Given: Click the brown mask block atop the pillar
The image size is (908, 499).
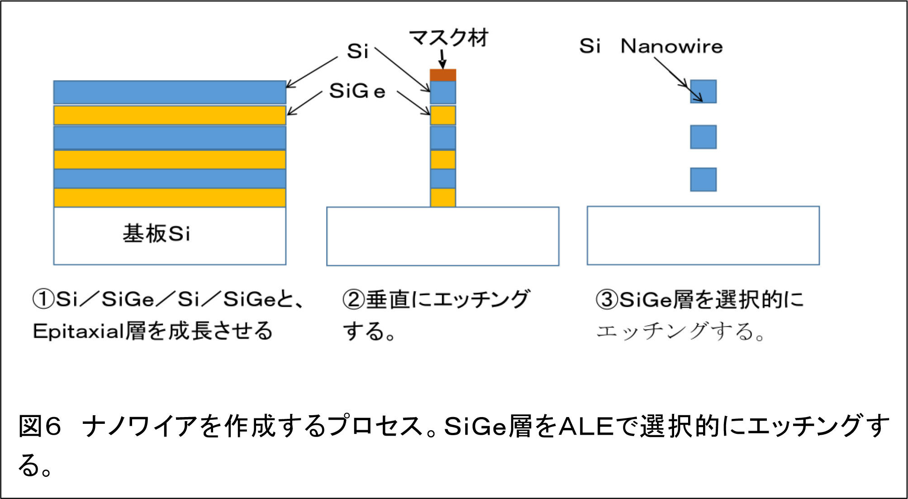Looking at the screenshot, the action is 443,75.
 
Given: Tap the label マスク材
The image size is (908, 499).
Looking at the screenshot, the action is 449,38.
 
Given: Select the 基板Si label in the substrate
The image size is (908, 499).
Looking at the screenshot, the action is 157,234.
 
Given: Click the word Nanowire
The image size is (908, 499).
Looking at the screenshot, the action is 672,46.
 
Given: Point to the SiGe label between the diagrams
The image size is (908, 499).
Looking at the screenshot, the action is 357,91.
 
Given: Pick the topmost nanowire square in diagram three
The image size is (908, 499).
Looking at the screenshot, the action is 703,91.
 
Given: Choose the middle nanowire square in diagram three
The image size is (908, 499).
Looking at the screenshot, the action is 703,137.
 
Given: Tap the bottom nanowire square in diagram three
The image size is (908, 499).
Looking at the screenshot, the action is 703,179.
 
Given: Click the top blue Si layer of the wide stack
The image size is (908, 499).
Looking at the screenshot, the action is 170,92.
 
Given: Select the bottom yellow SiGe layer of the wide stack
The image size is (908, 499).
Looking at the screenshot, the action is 170,198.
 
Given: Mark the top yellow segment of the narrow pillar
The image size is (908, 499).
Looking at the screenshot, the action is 443,115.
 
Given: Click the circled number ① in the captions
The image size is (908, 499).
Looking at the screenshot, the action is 43,299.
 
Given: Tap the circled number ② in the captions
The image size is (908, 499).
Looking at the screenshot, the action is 354,299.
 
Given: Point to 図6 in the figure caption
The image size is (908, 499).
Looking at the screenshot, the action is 39,426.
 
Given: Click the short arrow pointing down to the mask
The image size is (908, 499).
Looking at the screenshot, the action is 442,59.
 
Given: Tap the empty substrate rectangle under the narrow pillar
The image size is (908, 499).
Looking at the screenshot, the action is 443,236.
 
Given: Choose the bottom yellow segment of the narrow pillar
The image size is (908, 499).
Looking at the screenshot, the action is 443,198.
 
